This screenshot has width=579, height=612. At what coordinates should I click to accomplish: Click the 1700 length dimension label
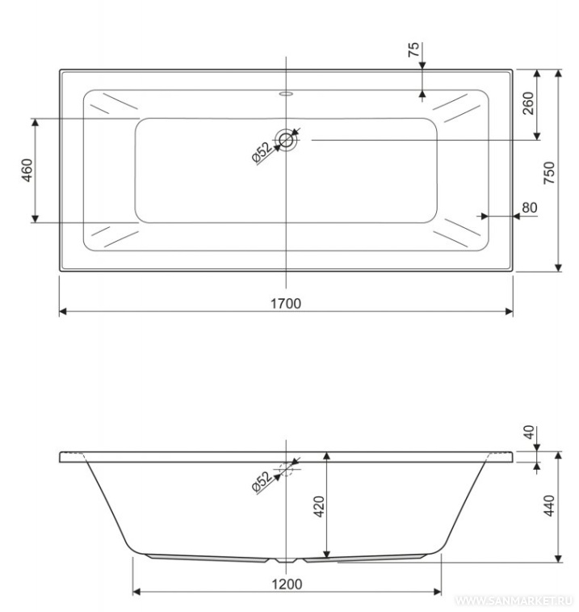[286, 303]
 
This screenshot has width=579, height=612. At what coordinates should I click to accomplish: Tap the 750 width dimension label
[549, 172]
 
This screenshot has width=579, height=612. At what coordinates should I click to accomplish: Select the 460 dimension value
[27, 170]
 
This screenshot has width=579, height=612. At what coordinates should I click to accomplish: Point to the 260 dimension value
[528, 103]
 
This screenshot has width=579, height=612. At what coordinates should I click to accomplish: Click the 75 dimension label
[413, 49]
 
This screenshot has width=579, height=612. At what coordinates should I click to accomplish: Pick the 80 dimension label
[529, 207]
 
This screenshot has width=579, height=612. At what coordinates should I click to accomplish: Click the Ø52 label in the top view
[262, 152]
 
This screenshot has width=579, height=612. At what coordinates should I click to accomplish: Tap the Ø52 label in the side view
[262, 483]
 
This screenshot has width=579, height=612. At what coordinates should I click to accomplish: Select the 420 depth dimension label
[319, 507]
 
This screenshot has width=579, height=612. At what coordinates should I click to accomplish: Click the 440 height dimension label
[549, 506]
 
